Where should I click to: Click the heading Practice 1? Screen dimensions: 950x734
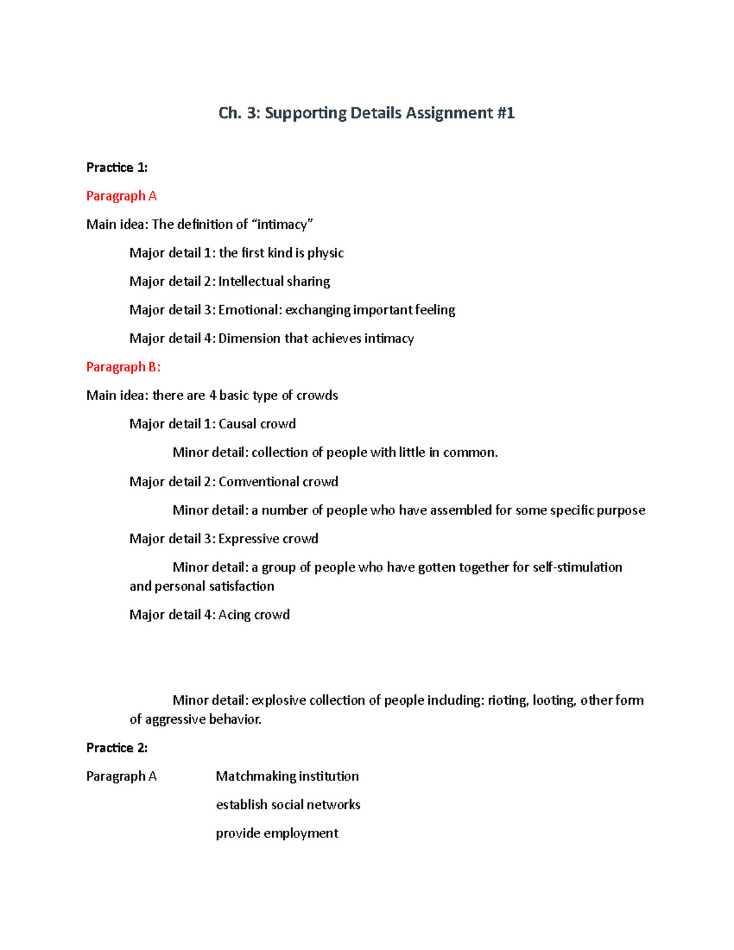117,168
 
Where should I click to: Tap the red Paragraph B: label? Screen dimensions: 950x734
123,367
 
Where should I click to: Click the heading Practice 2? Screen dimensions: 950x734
117,748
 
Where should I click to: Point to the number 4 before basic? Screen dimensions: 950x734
213,396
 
